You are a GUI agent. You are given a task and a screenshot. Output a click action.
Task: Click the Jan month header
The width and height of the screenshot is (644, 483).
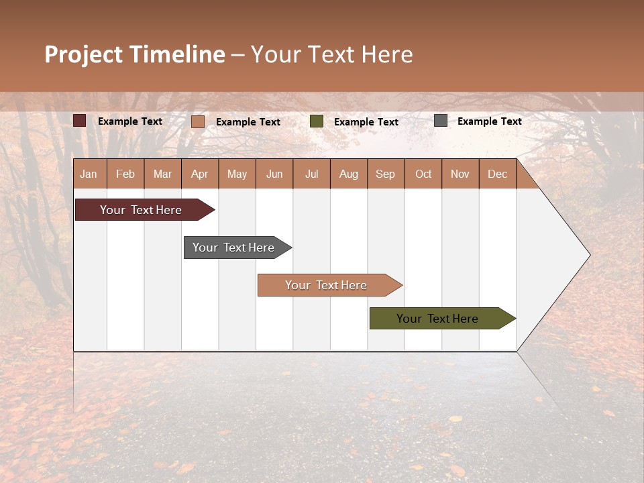point(89,174)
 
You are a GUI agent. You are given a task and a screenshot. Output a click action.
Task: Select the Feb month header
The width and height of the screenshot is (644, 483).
point(125,174)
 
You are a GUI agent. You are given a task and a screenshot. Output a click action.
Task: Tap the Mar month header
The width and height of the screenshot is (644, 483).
point(162,174)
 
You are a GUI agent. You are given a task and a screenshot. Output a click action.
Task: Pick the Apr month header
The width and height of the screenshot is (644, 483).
point(200,174)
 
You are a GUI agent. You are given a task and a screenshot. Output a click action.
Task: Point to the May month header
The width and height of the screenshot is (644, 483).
point(237,174)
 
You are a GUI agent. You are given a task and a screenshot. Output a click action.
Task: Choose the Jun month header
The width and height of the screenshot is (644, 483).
point(274,174)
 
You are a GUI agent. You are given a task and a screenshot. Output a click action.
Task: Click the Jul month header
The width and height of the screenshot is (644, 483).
point(311,174)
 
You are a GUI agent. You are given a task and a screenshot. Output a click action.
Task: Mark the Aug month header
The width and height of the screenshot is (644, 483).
point(349,174)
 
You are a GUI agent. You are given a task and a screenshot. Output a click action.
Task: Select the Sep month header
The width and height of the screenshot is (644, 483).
point(386,174)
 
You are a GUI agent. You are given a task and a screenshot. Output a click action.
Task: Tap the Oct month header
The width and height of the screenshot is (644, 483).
point(423,174)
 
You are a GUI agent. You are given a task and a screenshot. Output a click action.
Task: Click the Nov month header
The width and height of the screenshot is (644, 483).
point(460,174)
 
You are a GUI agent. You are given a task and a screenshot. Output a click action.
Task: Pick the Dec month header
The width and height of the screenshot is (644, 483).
point(498,174)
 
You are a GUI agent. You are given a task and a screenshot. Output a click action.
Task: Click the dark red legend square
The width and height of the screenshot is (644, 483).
point(80,121)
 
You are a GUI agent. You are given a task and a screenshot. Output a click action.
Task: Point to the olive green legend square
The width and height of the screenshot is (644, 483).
point(317,121)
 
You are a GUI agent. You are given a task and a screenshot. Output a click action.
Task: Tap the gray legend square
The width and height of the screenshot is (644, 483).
point(441,121)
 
